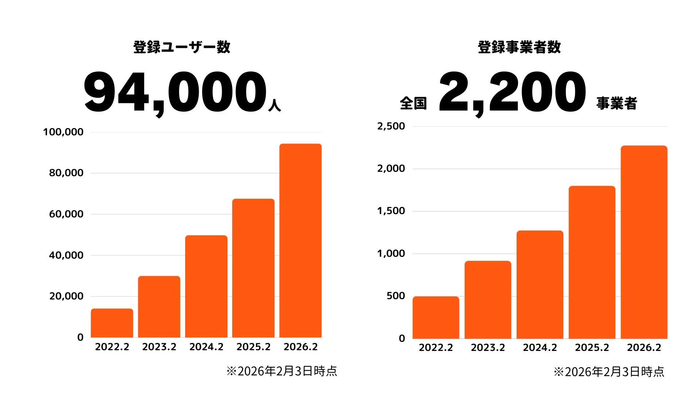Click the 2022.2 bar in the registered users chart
click(x=112, y=323)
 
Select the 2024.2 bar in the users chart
click(x=206, y=286)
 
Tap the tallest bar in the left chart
click(x=300, y=241)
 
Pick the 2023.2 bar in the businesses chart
click(x=488, y=300)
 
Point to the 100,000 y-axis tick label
click(x=63, y=132)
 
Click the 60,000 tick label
click(x=66, y=214)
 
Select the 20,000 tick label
click(x=66, y=296)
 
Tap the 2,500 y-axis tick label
click(x=391, y=126)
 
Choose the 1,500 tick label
click(x=391, y=211)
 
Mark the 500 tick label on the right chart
click(x=396, y=296)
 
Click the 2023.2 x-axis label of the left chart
click(x=159, y=347)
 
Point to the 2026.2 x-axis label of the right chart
click(x=644, y=348)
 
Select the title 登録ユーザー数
click(x=182, y=47)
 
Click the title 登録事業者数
click(x=519, y=47)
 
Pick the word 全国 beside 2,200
click(x=413, y=103)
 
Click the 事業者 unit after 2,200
click(x=617, y=103)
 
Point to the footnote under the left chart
click(x=281, y=371)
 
